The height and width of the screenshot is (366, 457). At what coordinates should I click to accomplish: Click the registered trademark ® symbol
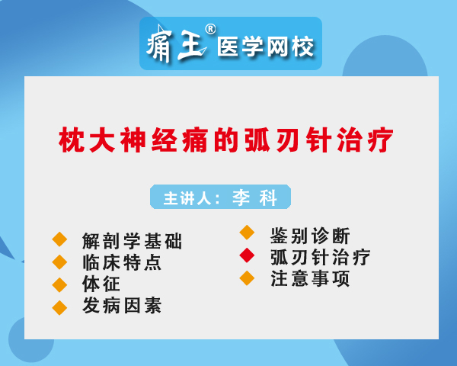coord(210,29)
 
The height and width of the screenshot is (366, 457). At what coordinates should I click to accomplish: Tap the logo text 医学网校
coord(265,46)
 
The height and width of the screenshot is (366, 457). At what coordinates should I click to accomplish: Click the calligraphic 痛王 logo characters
coord(177,43)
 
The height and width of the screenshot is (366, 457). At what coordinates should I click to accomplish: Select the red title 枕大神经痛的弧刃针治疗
coord(226,140)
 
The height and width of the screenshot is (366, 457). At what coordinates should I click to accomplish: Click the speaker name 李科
coord(254,197)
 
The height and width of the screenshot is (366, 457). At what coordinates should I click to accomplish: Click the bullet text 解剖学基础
coord(133,241)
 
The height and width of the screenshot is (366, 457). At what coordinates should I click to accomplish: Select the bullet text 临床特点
coord(122,262)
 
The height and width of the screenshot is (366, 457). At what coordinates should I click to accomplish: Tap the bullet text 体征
coord(101,284)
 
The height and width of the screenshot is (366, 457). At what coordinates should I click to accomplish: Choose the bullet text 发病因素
coord(122,305)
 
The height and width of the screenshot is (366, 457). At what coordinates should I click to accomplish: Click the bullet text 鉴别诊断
coord(310,236)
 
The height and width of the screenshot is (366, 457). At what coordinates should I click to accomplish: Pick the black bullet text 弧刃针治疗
coord(321,257)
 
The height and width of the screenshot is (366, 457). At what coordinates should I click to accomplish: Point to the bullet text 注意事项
coord(310,279)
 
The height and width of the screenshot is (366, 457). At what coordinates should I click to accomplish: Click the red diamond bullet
coord(247,255)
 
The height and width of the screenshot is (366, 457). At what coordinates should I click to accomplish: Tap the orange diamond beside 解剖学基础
coord(59,239)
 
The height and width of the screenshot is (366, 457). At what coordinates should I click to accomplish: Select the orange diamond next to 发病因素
coord(59,307)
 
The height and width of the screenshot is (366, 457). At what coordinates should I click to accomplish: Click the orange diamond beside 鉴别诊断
coord(247,233)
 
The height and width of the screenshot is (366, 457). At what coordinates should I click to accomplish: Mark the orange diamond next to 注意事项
coord(247,278)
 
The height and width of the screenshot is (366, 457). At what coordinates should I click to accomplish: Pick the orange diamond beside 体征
coord(59,285)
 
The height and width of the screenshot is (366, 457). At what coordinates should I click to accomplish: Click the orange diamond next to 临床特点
coord(59,262)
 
